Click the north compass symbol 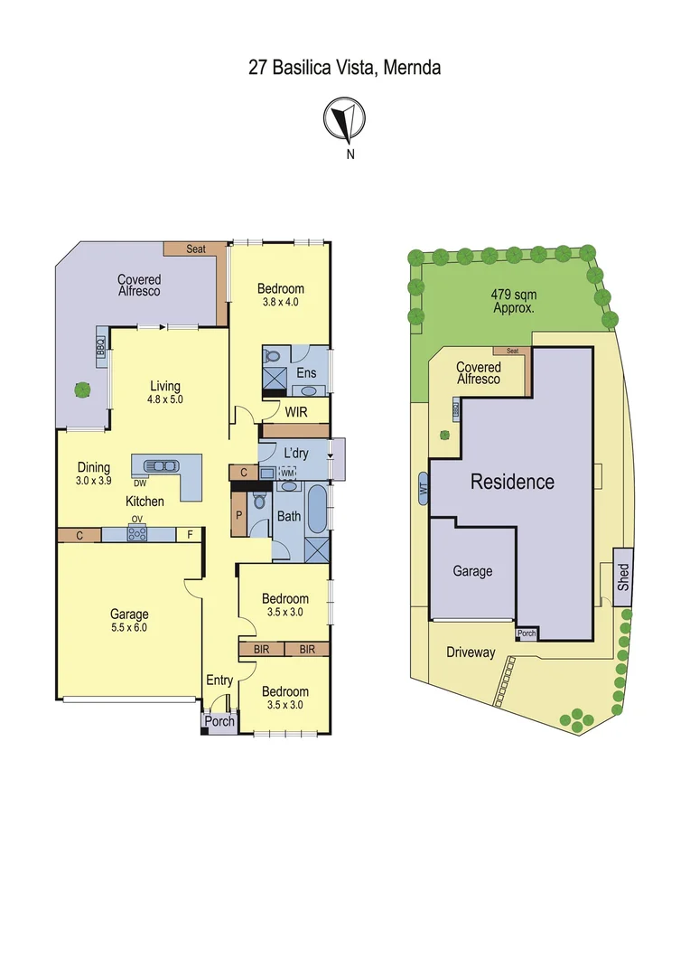pos(344,121)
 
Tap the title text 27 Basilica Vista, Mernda pos(344,68)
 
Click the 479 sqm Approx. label pos(512,300)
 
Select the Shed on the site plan pos(623,571)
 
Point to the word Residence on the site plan pos(512,482)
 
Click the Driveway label pos(471,652)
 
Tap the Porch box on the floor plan pos(219,721)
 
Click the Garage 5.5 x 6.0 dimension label pos(129,621)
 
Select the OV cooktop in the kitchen pos(137,533)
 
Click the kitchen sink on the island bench pos(161,465)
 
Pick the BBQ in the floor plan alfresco pos(101,349)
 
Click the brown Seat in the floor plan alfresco pos(194,249)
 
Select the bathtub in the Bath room pos(318,508)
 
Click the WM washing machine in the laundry pos(287,473)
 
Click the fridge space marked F pos(189,535)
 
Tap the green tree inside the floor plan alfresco pos(82,390)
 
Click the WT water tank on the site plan pos(423,488)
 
